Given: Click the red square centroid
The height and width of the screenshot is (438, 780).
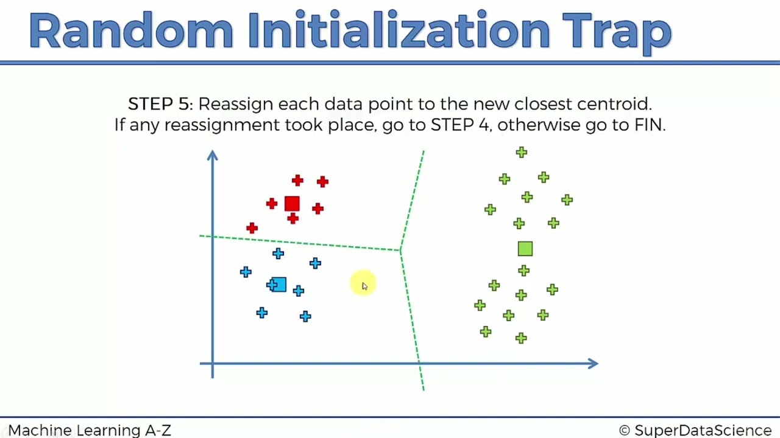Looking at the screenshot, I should coord(292,204).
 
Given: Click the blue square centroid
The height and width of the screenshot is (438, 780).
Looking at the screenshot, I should coord(278,285).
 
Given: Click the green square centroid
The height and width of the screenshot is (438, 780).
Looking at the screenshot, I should coord(525,248).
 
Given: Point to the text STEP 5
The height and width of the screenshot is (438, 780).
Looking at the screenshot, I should coord(160,104).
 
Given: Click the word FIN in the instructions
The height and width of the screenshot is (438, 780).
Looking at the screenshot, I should coord(648,125).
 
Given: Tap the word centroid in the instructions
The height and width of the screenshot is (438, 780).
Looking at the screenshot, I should coord(613,104).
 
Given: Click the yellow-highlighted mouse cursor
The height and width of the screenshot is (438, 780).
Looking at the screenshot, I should coord(363,284).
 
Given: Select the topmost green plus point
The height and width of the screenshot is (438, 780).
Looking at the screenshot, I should coord(521,152).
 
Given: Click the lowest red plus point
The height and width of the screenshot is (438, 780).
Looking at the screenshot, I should coord(252,228).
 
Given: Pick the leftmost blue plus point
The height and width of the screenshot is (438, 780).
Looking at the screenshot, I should coord(246,272).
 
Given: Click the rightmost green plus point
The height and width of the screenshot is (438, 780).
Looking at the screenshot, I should coord(567,200).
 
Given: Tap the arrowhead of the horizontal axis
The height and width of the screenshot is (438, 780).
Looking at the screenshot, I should coord(593,364).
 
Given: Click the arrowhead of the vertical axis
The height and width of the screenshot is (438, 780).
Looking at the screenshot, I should coord(212,156).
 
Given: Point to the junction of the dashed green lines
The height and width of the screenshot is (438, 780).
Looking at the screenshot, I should coord(400,250).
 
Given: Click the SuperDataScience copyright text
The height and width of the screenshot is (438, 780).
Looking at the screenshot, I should coord(695,431).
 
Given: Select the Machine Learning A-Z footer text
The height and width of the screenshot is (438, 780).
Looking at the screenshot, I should coord(90,431).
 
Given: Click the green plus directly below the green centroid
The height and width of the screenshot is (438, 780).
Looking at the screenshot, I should coord(524,271).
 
